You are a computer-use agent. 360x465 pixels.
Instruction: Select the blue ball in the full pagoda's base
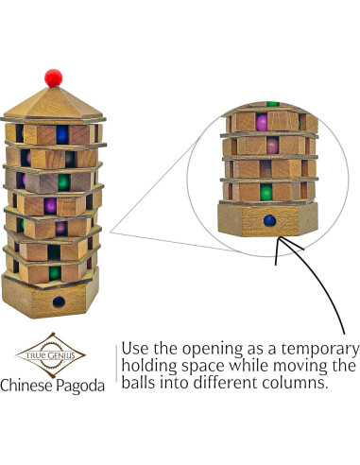click(x=59, y=302)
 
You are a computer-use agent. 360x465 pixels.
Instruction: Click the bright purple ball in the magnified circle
click(x=262, y=122)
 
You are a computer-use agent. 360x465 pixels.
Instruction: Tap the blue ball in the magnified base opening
click(x=272, y=221)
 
